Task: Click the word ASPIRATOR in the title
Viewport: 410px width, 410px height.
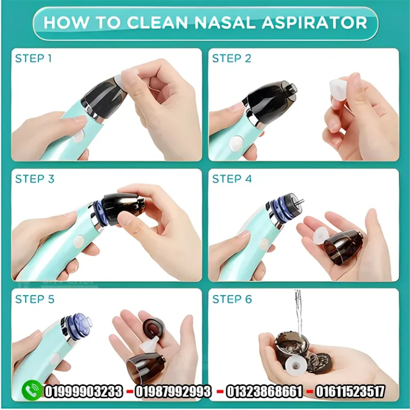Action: (314, 22)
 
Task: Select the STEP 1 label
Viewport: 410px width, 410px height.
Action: (34, 58)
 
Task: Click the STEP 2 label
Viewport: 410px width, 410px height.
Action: (232, 58)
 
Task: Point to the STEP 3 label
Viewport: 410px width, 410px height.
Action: (35, 179)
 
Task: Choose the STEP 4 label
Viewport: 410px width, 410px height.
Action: (232, 179)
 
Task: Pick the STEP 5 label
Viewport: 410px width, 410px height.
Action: (35, 299)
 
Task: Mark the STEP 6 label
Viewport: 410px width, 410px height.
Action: (232, 299)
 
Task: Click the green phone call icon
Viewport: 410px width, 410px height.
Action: (32, 390)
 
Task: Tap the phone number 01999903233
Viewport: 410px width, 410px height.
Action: (84, 391)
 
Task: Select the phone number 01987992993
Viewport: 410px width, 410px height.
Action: (173, 391)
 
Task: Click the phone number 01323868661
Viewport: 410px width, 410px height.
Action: (264, 391)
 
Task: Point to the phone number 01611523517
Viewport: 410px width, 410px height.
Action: (350, 391)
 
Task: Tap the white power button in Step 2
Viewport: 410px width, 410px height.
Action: (236, 144)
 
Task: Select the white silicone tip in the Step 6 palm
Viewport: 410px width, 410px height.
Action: (295, 364)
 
